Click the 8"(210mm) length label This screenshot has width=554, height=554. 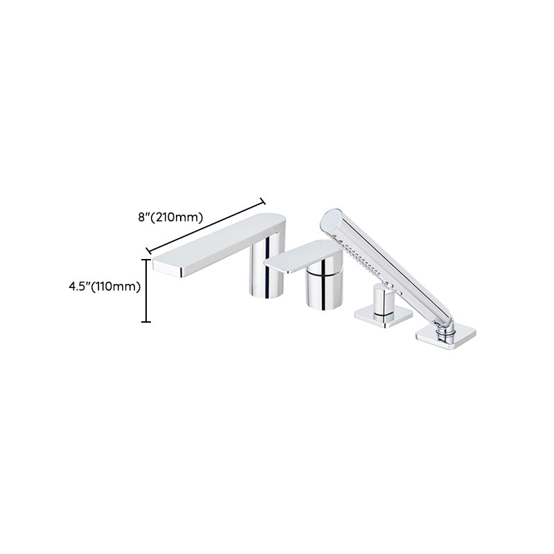[170, 217]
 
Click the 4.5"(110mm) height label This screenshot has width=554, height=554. [105, 286]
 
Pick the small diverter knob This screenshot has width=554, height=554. [380, 298]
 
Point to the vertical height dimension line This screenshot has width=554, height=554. [145, 291]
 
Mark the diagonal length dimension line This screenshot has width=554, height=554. [206, 225]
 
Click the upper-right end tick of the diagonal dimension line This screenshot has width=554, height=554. [262, 202]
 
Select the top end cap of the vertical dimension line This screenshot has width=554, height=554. [145, 259]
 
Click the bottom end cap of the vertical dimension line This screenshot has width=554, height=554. [145, 322]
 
